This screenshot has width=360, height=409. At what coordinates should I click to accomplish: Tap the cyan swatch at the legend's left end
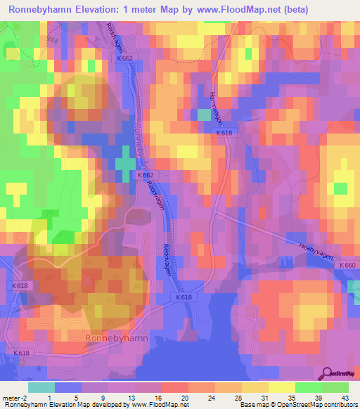[41, 387]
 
